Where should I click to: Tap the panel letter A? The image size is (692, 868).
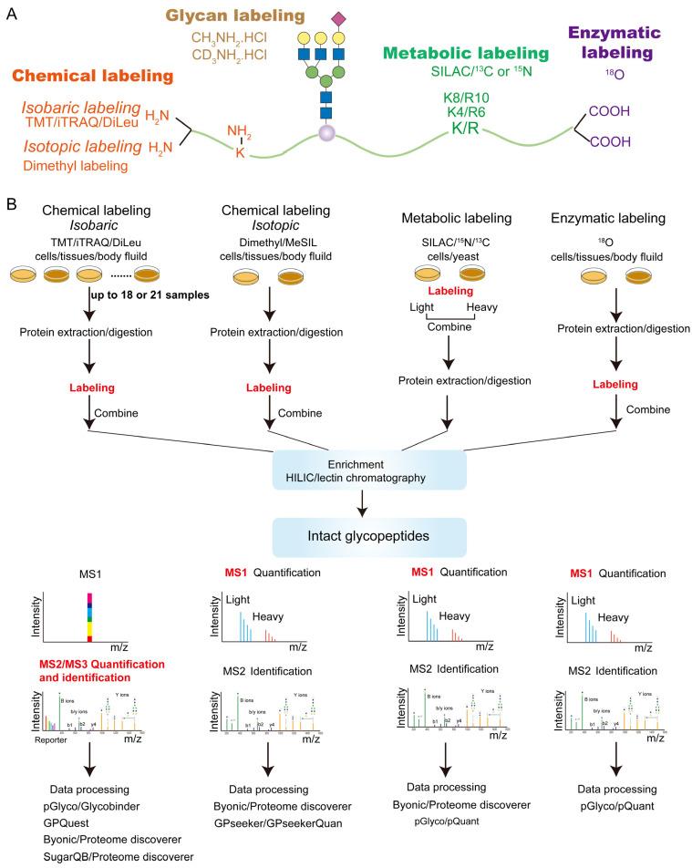11,14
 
